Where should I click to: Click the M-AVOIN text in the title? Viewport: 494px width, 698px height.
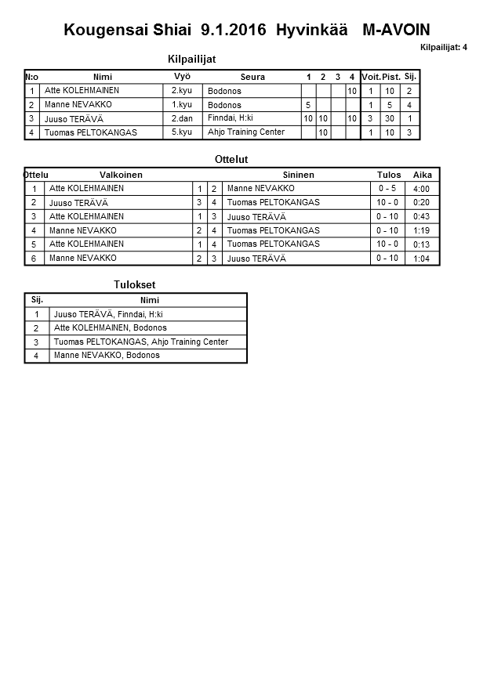click(x=396, y=31)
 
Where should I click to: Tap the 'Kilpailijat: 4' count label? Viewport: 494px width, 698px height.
click(x=443, y=48)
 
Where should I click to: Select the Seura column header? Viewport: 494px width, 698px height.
click(x=252, y=77)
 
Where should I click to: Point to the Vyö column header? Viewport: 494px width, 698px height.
click(x=182, y=76)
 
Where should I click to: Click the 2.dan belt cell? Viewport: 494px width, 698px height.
click(x=182, y=118)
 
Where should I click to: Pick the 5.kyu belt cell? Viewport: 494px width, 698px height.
click(x=182, y=132)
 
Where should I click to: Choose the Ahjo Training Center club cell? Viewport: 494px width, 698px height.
click(x=246, y=132)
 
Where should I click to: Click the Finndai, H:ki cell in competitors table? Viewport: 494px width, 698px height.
click(x=231, y=118)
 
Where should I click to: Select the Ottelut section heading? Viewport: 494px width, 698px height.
click(x=231, y=159)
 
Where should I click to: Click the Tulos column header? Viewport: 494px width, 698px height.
click(x=389, y=175)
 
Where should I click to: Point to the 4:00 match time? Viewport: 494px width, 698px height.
click(x=421, y=189)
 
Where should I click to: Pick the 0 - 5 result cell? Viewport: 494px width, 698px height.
click(x=387, y=189)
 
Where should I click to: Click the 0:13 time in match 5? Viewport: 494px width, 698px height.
click(x=421, y=244)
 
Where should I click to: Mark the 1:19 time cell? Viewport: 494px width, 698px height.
click(x=421, y=230)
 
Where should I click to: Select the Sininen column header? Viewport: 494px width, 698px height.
click(x=298, y=175)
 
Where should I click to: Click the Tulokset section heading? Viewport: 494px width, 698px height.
click(x=129, y=285)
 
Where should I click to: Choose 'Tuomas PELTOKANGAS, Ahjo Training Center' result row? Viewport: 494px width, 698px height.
click(x=141, y=342)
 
